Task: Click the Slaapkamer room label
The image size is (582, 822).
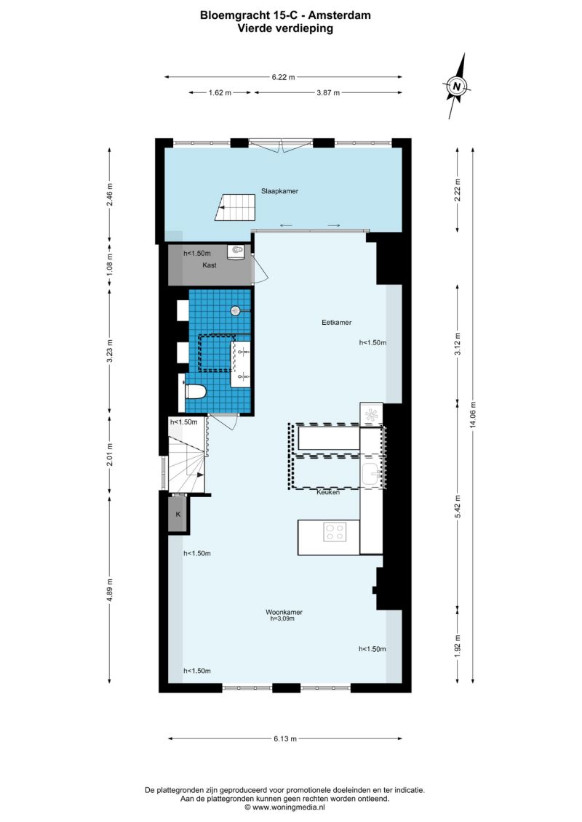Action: click(x=279, y=191)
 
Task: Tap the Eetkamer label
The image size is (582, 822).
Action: click(x=336, y=323)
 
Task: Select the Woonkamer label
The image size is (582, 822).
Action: click(x=284, y=612)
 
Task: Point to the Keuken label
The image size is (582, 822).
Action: click(x=328, y=492)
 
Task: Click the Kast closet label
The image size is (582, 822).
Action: click(x=210, y=265)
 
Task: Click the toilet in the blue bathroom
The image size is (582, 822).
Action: click(x=195, y=392)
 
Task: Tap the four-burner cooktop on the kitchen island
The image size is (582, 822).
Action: click(x=335, y=531)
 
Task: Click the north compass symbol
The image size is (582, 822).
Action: click(x=457, y=86)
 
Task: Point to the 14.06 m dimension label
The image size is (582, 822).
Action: click(x=473, y=415)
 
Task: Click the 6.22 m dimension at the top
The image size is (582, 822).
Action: click(x=284, y=77)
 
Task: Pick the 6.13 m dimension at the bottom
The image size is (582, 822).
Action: click(x=285, y=738)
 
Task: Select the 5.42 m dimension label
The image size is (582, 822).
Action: click(x=458, y=507)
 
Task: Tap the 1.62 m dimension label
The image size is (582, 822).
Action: click(x=220, y=93)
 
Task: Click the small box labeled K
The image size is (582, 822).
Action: click(x=178, y=515)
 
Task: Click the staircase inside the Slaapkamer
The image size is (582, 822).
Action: click(x=235, y=208)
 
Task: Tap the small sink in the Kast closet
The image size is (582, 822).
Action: click(x=236, y=251)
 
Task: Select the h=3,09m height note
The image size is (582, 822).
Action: click(x=282, y=618)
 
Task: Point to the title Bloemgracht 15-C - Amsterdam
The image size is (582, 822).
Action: click(x=285, y=15)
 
